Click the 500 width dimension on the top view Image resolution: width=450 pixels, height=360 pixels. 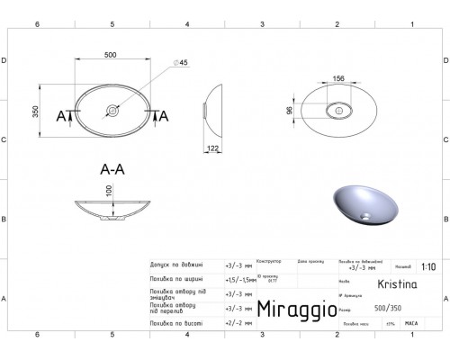112,55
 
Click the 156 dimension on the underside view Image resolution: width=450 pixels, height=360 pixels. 339,78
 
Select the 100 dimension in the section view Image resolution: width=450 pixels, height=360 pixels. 109,192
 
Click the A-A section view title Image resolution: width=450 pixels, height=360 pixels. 112,168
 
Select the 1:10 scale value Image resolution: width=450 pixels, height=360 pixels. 429,266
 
